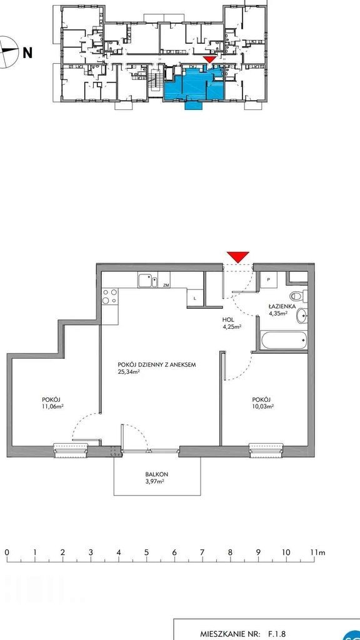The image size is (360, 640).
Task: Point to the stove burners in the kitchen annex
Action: (110, 297)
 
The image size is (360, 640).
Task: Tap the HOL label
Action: (227, 320)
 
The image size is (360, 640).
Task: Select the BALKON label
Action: (157, 474)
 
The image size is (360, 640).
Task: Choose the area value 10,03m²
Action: (263, 406)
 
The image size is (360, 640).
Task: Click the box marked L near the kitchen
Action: (195, 297)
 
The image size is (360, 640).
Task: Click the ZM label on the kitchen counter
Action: (166, 285)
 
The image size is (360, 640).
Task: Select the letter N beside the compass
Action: (27, 52)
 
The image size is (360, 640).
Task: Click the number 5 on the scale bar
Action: (146, 552)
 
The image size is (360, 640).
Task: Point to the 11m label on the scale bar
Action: (317, 552)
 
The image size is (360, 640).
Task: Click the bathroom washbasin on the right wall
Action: (302, 316)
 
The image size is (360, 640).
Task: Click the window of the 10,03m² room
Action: (266, 449)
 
